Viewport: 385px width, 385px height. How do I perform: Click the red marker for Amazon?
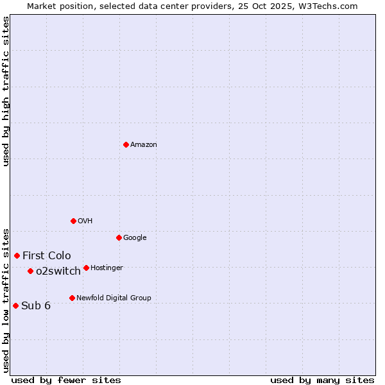(x=126, y=144)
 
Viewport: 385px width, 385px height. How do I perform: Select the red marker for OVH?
(x=73, y=221)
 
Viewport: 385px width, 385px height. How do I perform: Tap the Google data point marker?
(x=119, y=237)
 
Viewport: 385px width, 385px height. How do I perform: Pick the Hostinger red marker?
(x=86, y=268)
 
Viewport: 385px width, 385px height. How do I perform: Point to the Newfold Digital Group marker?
(x=72, y=298)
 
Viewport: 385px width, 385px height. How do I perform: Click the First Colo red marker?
(x=17, y=255)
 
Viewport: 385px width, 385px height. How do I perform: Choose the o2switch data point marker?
(x=30, y=271)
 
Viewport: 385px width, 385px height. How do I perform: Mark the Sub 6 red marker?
(x=15, y=305)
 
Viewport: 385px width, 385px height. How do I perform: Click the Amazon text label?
(x=144, y=145)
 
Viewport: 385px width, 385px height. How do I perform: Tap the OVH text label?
(x=85, y=221)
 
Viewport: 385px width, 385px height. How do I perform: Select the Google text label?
(x=135, y=238)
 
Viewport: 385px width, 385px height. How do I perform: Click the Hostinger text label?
(x=107, y=268)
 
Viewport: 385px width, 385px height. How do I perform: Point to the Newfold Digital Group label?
(x=114, y=298)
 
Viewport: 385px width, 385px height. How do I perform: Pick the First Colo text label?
(x=47, y=256)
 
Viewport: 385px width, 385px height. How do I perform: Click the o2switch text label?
(x=58, y=271)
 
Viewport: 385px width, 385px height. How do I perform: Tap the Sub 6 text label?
(x=36, y=306)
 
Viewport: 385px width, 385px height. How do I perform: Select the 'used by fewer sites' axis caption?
(x=66, y=380)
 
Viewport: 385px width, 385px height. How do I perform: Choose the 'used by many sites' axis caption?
(x=322, y=380)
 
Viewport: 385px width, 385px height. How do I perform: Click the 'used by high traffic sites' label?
(x=6, y=91)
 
